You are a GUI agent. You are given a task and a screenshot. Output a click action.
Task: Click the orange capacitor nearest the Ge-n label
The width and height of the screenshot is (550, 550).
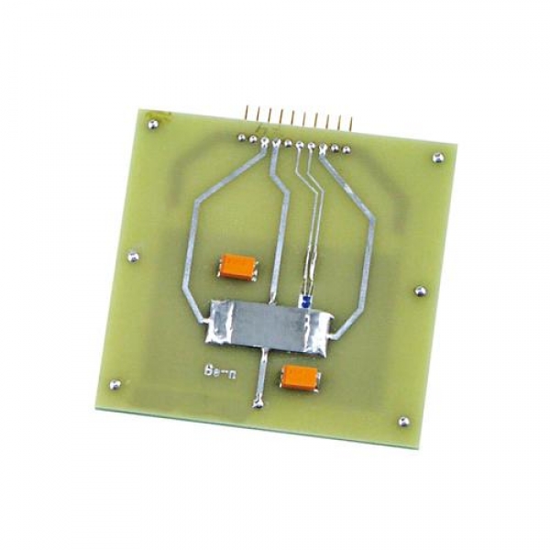click(x=301, y=377)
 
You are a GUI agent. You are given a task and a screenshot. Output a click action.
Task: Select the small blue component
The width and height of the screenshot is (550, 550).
click(x=304, y=302)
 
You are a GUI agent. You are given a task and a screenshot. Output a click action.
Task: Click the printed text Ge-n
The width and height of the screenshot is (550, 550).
click(x=220, y=372)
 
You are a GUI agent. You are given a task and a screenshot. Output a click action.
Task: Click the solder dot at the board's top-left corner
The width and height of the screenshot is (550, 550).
click(x=152, y=124)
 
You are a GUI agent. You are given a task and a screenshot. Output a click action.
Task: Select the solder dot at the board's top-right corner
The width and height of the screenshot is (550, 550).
click(x=438, y=158)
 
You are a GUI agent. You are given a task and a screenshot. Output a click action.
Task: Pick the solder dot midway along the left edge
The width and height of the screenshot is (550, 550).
click(x=133, y=257)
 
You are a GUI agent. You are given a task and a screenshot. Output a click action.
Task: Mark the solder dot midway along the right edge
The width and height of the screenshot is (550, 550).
click(x=420, y=291)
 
